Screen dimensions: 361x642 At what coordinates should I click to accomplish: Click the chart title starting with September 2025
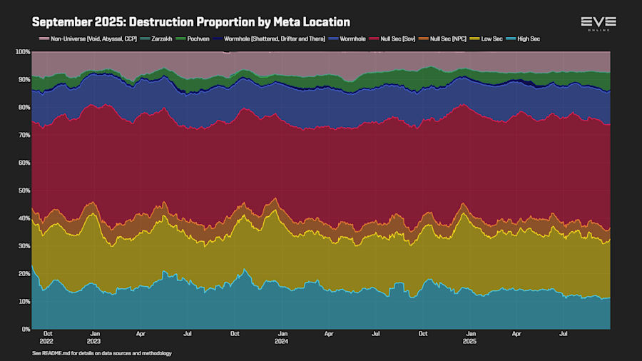point(191,22)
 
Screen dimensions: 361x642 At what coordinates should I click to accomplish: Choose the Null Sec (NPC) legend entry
point(447,39)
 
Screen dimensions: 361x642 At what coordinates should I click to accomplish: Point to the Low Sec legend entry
point(489,39)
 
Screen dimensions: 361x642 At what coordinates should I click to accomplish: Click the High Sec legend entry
point(525,39)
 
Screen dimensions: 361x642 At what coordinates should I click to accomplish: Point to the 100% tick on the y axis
point(22,52)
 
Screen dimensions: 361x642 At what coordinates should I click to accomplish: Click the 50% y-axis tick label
point(24,190)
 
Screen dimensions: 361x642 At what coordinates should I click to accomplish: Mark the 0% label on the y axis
point(25,329)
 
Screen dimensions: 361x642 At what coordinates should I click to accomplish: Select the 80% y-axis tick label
point(24,108)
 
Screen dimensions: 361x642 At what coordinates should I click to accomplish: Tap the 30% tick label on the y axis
point(24,246)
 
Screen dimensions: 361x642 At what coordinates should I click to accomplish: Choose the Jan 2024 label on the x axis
point(282,337)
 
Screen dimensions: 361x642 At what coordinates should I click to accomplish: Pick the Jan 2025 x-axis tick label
point(470,337)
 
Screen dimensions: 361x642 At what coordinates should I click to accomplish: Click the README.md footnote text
point(102,353)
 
